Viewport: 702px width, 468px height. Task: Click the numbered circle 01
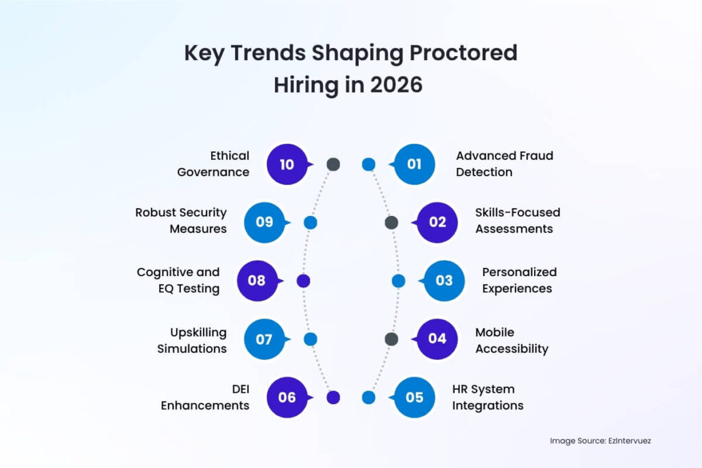click(x=415, y=164)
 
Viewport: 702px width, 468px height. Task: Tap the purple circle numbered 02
click(x=437, y=222)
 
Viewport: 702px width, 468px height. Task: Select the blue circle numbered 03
click(x=444, y=280)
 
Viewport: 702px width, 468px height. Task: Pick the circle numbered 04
click(x=437, y=338)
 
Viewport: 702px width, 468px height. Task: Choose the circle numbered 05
click(x=415, y=397)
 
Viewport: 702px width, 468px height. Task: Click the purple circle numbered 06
click(x=287, y=397)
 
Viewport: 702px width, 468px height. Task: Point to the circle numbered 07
click(x=265, y=338)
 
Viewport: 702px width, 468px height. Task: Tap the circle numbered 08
click(x=257, y=280)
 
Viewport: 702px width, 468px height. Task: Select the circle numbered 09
click(x=265, y=222)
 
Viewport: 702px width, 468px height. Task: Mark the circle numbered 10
click(x=287, y=164)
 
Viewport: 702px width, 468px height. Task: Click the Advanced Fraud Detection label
click(x=504, y=164)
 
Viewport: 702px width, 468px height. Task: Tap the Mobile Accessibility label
click(x=511, y=341)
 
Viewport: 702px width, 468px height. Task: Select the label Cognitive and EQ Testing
click(x=178, y=280)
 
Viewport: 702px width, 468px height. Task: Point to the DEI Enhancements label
click(x=205, y=397)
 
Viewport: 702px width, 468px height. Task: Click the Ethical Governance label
click(x=213, y=164)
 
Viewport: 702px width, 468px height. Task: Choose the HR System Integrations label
click(x=487, y=397)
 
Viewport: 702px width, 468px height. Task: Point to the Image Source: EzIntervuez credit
click(x=600, y=441)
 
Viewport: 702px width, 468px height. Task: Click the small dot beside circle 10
click(x=333, y=164)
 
